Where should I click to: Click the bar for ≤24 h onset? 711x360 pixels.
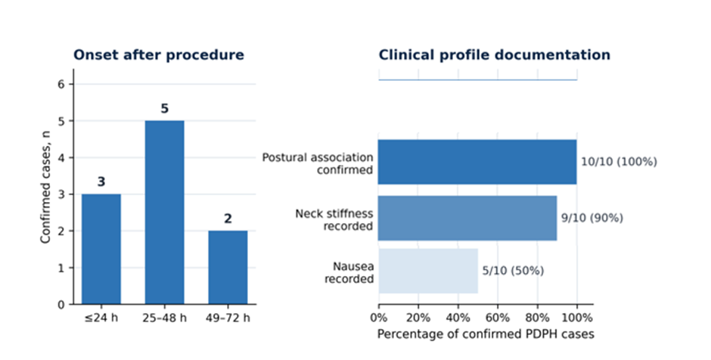point(101,249)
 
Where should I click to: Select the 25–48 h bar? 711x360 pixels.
point(165,213)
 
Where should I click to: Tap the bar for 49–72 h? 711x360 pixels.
point(228,268)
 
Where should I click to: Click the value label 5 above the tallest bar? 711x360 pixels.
point(165,109)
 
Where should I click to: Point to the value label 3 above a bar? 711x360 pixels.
point(101,182)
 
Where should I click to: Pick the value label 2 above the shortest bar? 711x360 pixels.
point(228,219)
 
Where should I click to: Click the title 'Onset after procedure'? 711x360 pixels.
point(159,55)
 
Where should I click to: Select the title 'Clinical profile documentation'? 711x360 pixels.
point(494,55)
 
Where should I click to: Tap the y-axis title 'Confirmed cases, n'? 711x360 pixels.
point(45,187)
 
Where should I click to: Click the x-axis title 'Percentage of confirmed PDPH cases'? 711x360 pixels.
point(486,334)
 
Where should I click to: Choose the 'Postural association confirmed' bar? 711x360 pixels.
point(477,162)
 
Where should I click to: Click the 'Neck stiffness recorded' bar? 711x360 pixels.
point(467,218)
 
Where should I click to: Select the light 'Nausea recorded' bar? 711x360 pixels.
point(428,271)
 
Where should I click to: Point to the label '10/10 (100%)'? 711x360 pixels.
point(619,162)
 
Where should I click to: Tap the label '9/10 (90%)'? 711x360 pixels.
point(592,218)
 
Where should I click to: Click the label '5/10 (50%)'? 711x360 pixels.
point(513,271)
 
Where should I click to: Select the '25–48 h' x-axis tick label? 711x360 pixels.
point(165,318)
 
